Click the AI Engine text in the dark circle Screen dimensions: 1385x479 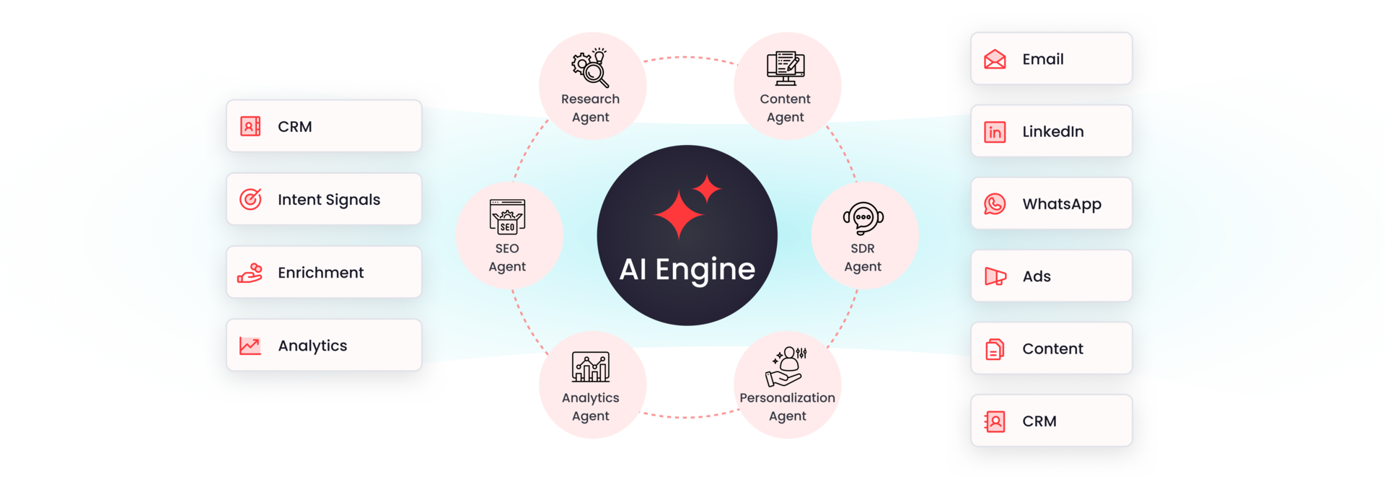pyautogui.click(x=687, y=270)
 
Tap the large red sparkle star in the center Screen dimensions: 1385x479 pyautogui.click(x=678, y=214)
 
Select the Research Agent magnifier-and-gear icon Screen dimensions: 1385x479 pyautogui.click(x=590, y=68)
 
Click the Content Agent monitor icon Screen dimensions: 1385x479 pyautogui.click(x=786, y=68)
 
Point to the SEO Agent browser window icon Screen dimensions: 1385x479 pyautogui.click(x=507, y=217)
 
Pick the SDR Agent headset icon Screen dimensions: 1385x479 pyautogui.click(x=863, y=219)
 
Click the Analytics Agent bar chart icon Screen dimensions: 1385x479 pyautogui.click(x=591, y=366)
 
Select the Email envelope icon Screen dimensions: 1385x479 pyautogui.click(x=995, y=59)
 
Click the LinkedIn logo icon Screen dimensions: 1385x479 pyautogui.click(x=995, y=132)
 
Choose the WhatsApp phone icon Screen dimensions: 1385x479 pyautogui.click(x=995, y=204)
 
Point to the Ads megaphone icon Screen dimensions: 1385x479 pyautogui.click(x=995, y=276)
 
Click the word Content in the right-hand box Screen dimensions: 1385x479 pyautogui.click(x=1052, y=349)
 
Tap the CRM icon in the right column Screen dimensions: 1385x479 pyautogui.click(x=995, y=421)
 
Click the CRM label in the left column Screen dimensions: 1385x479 pyautogui.click(x=295, y=127)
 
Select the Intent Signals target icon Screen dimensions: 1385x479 pyautogui.click(x=250, y=199)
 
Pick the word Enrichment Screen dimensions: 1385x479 pyautogui.click(x=321, y=273)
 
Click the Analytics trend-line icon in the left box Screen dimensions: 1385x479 pyautogui.click(x=250, y=346)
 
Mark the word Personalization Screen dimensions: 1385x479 pyautogui.click(x=787, y=397)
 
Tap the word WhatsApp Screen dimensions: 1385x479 pyautogui.click(x=1062, y=205)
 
